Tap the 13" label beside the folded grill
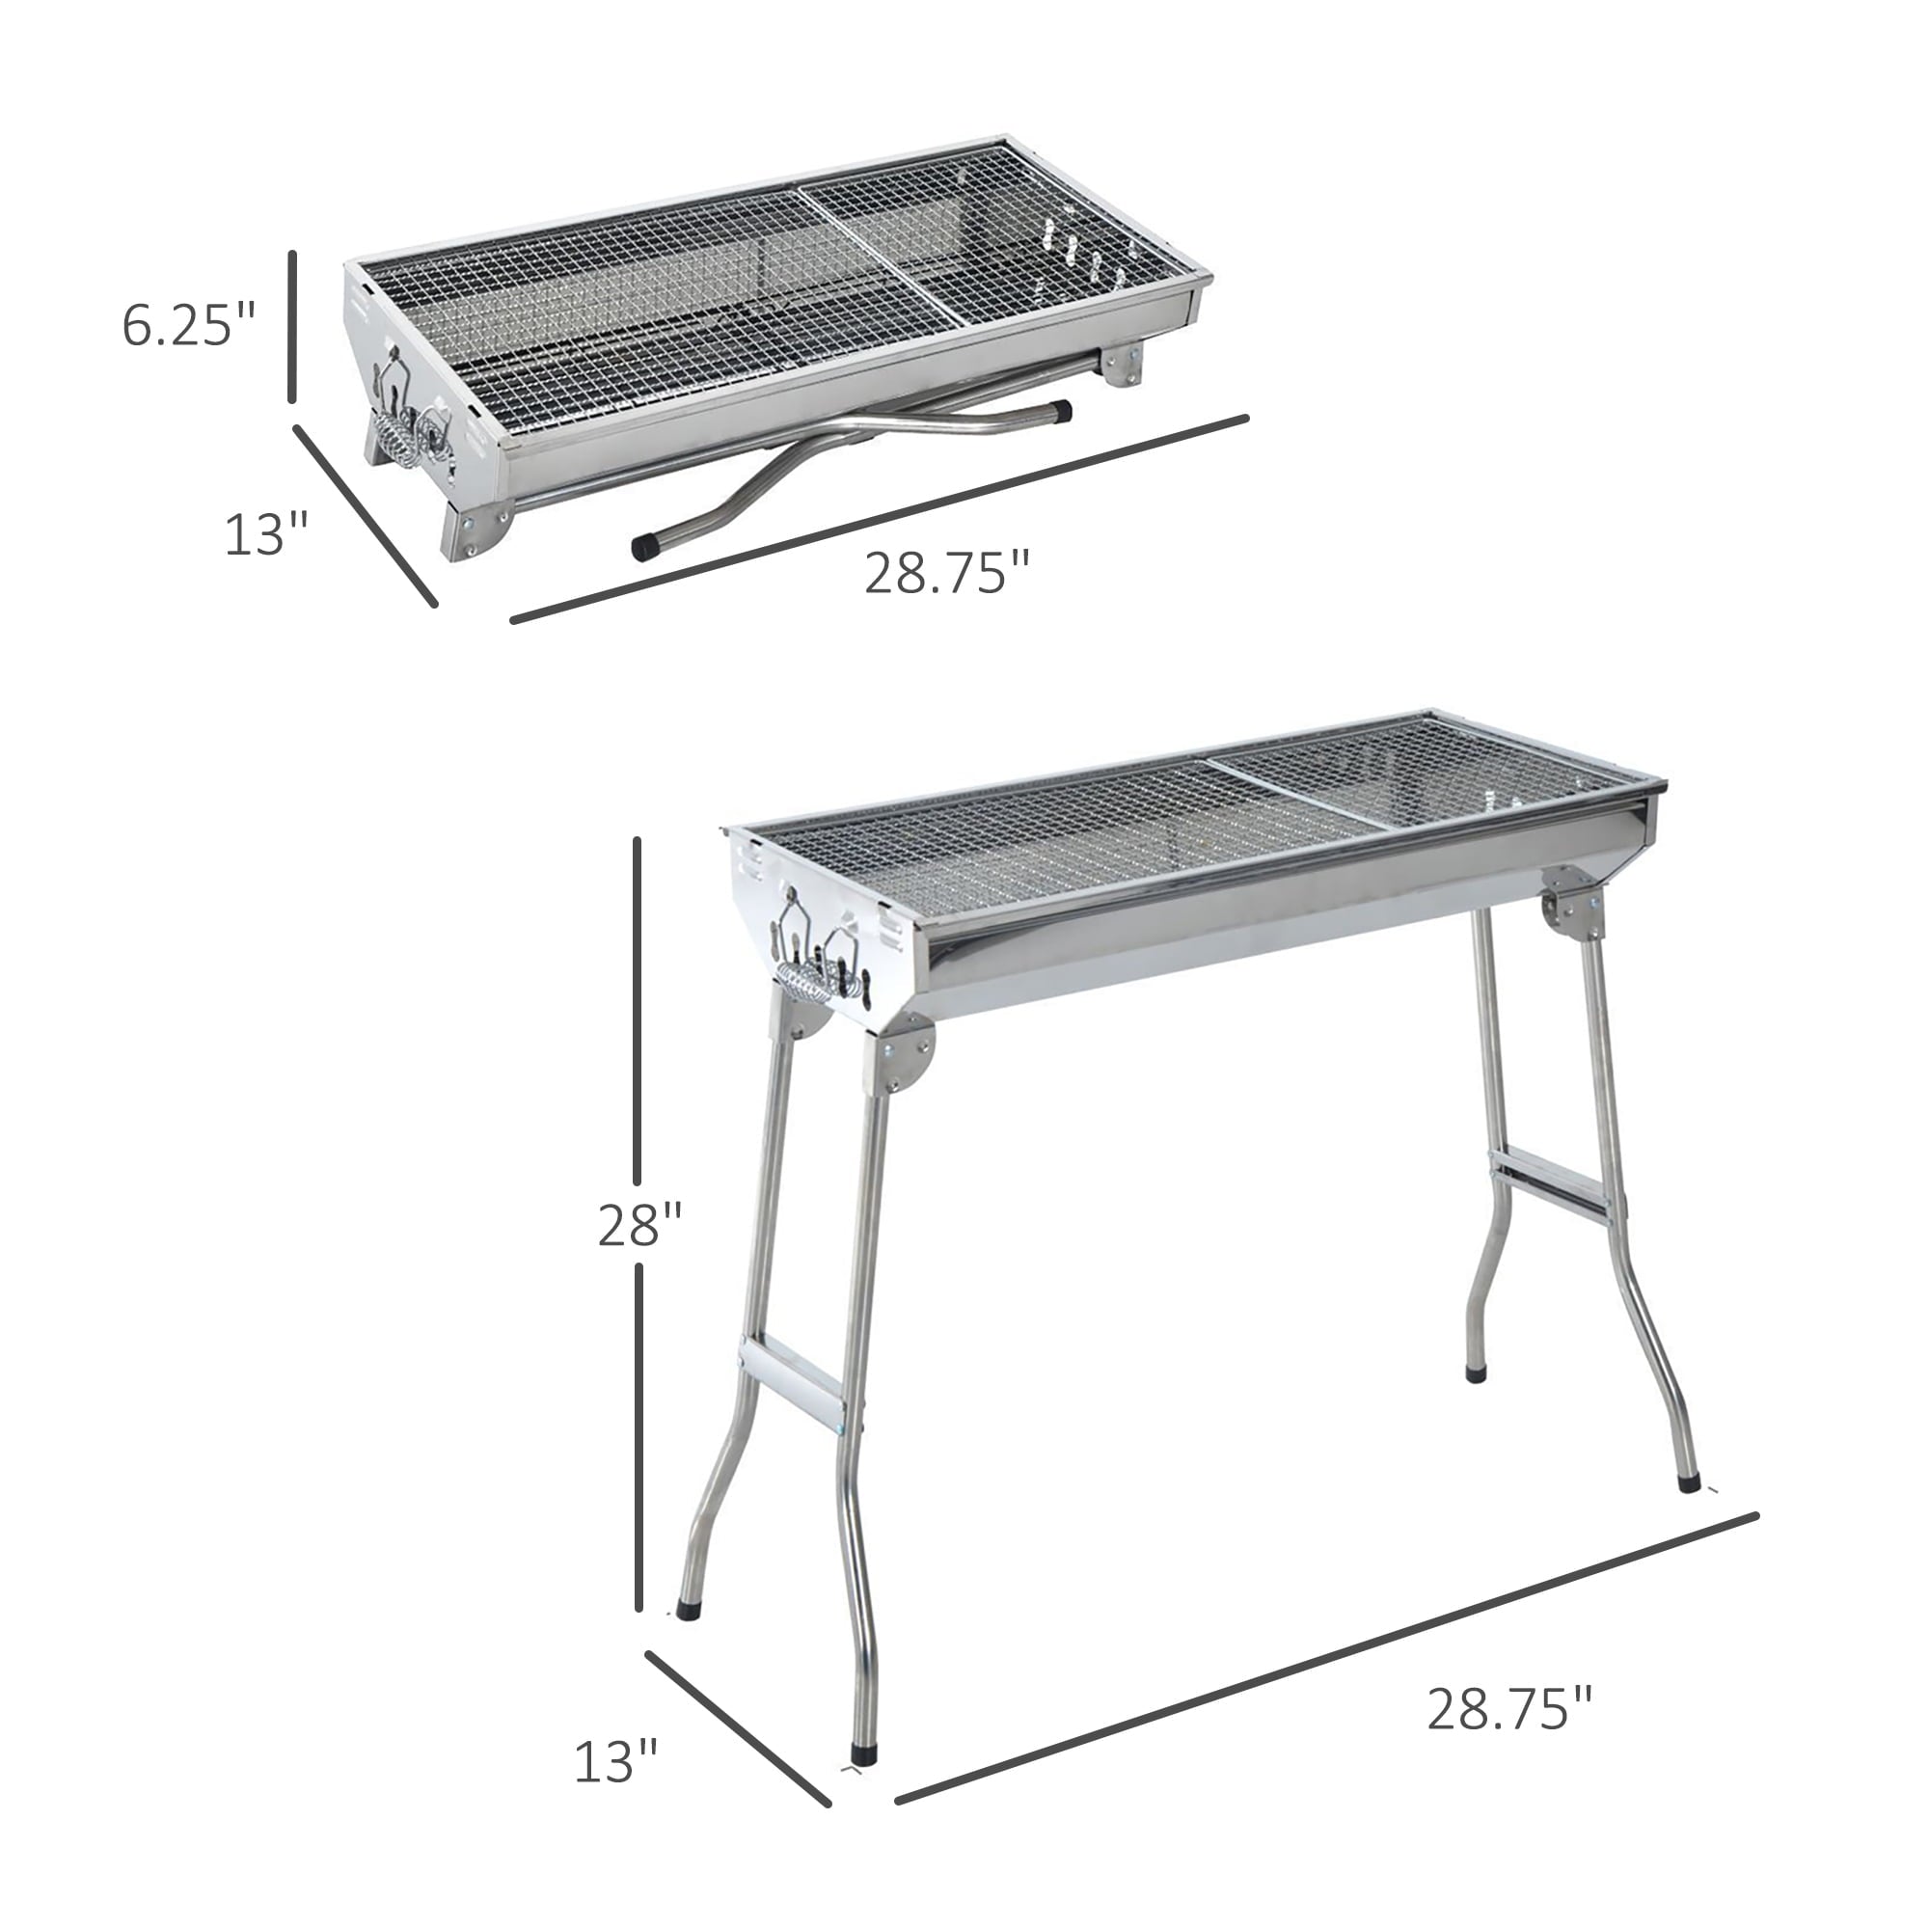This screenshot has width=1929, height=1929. click(x=265, y=534)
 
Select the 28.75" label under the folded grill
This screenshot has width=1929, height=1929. click(x=945, y=573)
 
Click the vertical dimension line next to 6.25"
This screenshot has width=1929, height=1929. click(x=292, y=327)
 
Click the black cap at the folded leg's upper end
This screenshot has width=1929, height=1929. click(x=1061, y=409)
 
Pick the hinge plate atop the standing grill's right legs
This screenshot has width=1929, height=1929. click(x=1571, y=904)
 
